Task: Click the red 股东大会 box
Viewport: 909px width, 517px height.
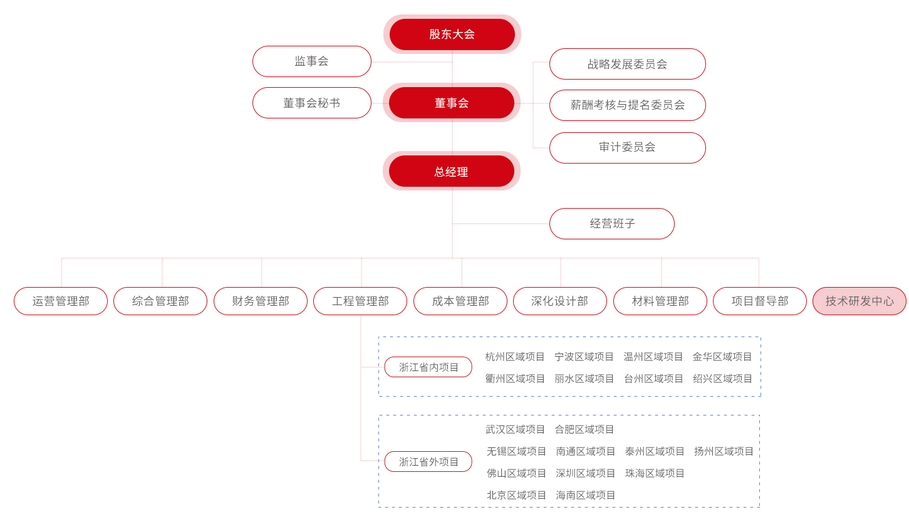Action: point(452,34)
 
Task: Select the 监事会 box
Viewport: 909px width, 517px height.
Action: point(312,61)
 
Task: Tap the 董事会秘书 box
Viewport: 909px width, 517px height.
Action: point(312,103)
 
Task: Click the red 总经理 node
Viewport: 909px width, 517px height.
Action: point(451,171)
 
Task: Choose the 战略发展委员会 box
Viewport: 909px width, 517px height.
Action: point(627,64)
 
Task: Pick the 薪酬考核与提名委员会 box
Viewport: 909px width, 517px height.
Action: point(627,105)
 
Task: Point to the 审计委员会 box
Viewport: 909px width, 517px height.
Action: point(627,147)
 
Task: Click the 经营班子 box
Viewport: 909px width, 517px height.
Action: point(612,224)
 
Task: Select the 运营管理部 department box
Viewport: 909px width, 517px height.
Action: point(61,301)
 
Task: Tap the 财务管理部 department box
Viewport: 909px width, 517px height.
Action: point(261,301)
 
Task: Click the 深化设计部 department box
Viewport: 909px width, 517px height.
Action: point(560,301)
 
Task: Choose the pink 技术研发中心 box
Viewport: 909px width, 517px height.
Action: point(860,301)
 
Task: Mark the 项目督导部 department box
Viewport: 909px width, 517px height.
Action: point(760,301)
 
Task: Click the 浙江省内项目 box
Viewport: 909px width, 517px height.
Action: point(429,367)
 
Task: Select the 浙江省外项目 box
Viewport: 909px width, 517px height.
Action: point(429,462)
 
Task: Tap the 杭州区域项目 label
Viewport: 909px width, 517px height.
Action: point(515,357)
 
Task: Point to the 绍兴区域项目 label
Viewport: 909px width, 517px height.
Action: point(722,379)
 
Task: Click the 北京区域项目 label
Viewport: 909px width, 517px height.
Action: point(516,495)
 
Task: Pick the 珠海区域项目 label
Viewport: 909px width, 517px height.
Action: point(655,473)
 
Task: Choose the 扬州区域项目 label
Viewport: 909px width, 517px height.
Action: point(724,451)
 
